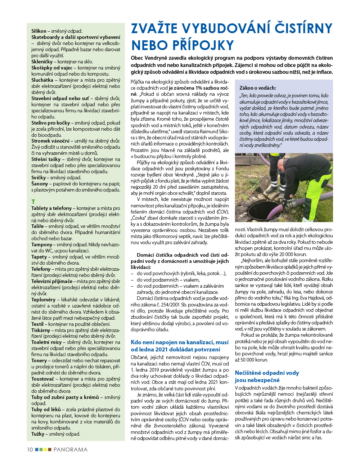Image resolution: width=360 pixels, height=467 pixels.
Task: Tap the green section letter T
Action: point(33,202)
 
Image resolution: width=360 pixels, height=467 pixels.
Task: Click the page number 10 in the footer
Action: point(30,449)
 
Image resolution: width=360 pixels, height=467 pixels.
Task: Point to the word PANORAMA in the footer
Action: point(71,449)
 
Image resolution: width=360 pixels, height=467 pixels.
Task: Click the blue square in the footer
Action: point(37,449)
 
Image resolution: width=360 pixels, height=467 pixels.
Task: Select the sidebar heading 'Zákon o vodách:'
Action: point(258,88)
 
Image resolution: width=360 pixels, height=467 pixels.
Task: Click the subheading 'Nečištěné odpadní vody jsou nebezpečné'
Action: point(267,376)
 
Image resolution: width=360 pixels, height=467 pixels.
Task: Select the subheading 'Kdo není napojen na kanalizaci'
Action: point(179,346)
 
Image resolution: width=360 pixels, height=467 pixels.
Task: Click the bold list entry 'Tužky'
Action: point(38,434)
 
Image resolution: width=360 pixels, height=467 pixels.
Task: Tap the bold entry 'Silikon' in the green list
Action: point(39,31)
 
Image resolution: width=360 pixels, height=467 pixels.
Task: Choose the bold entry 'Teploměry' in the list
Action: point(43,300)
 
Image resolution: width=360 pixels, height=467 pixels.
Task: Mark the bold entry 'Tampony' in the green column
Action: point(42,244)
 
